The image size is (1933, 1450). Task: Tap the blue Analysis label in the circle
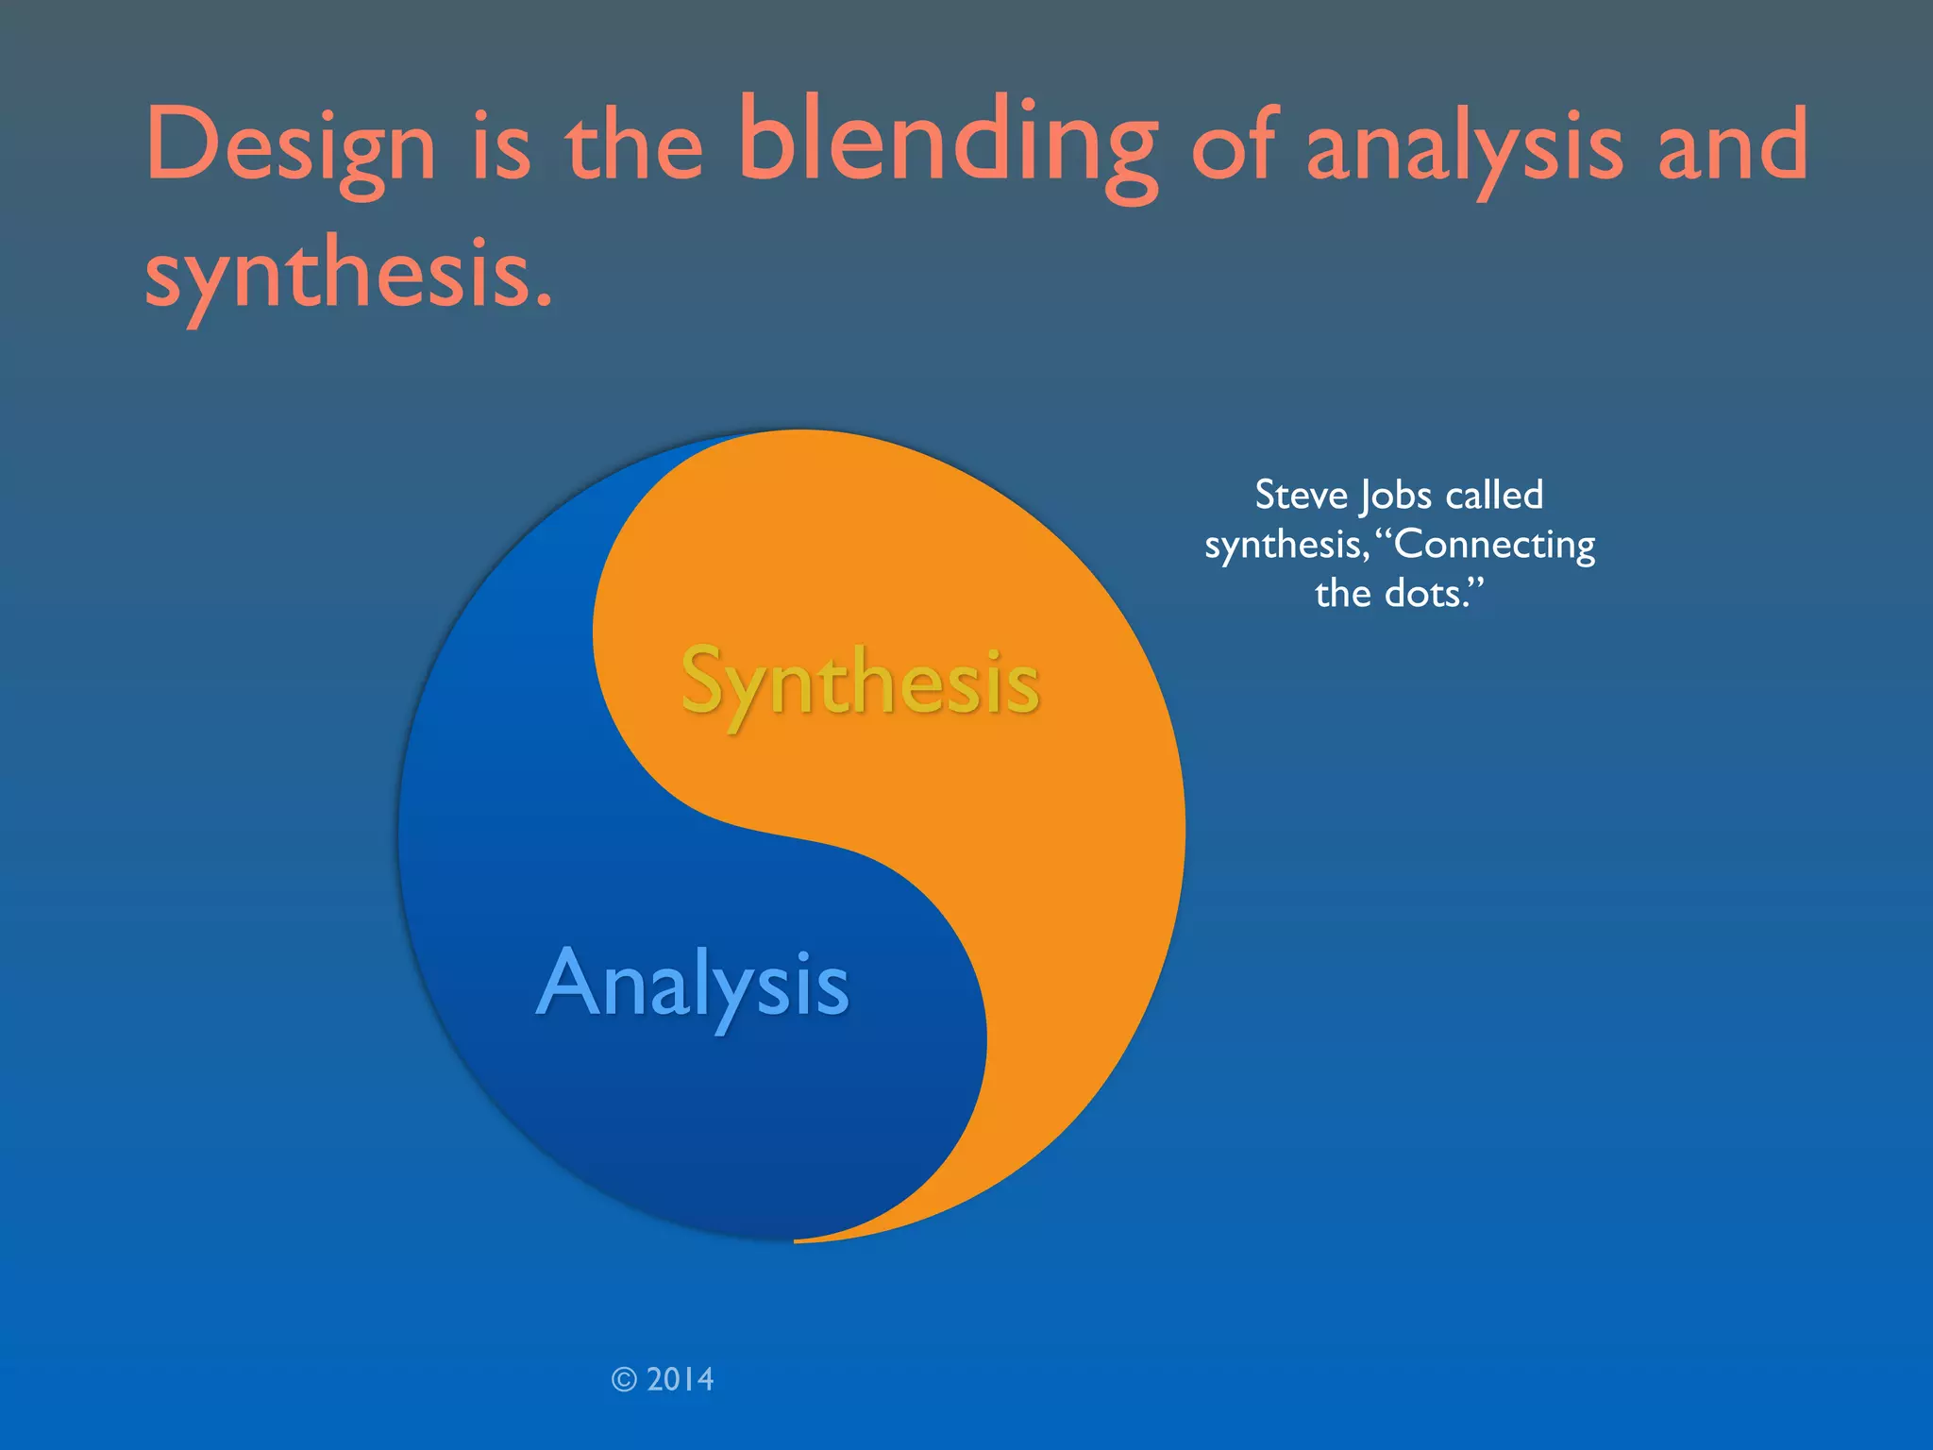tap(693, 985)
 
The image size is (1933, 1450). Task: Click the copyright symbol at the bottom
tap(624, 1380)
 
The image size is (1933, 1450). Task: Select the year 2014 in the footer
tap(681, 1380)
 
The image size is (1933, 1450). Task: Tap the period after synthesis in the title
tap(543, 302)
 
